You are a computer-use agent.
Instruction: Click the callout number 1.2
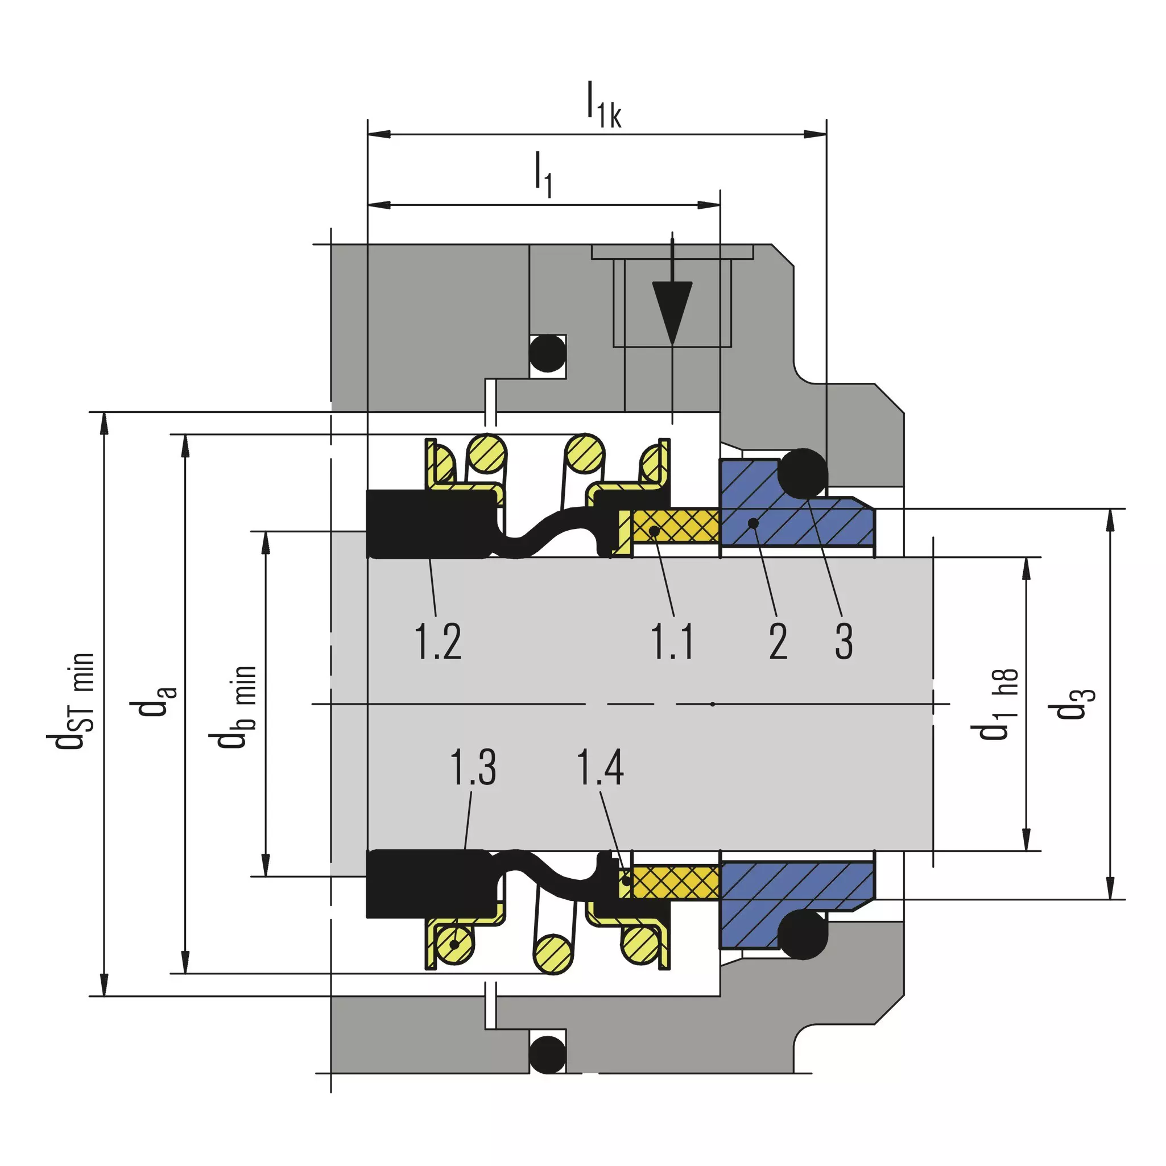click(x=438, y=642)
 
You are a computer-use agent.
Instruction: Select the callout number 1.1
click(x=672, y=642)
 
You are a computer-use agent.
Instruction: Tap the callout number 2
click(x=778, y=642)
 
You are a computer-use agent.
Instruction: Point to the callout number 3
click(x=844, y=642)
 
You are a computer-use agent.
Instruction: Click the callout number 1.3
click(x=474, y=767)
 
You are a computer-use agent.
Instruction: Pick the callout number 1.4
click(x=601, y=767)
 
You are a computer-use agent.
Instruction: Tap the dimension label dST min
click(x=71, y=701)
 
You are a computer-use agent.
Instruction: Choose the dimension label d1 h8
click(x=995, y=704)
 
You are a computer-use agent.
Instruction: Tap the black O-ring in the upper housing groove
click(x=547, y=353)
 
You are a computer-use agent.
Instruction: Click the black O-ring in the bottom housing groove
click(x=547, y=1053)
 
